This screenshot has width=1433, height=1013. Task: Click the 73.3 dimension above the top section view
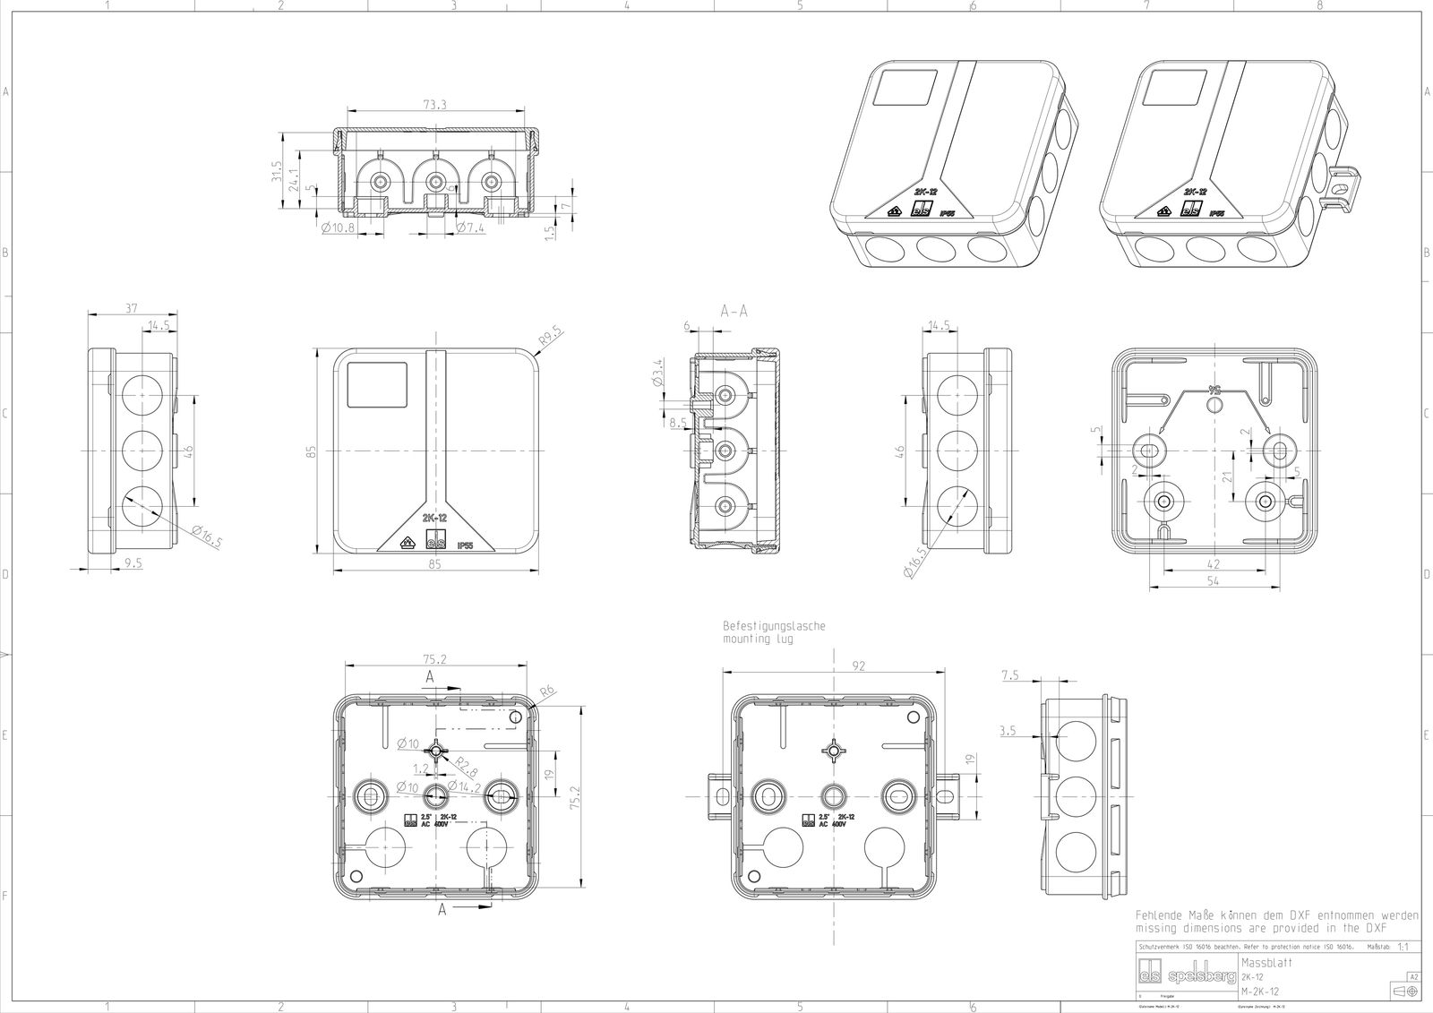pos(435,106)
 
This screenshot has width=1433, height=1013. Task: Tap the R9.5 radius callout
pos(551,339)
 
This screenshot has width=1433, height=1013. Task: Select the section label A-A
pos(734,311)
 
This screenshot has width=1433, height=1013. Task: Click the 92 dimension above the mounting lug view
pos(834,665)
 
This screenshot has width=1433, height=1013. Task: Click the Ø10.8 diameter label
pos(338,228)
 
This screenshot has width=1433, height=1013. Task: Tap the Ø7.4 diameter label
pos(470,228)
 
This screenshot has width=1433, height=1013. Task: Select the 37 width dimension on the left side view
pos(131,308)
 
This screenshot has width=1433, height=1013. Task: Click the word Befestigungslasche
pos(774,626)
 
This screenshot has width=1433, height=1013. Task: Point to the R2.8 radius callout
pos(465,764)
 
